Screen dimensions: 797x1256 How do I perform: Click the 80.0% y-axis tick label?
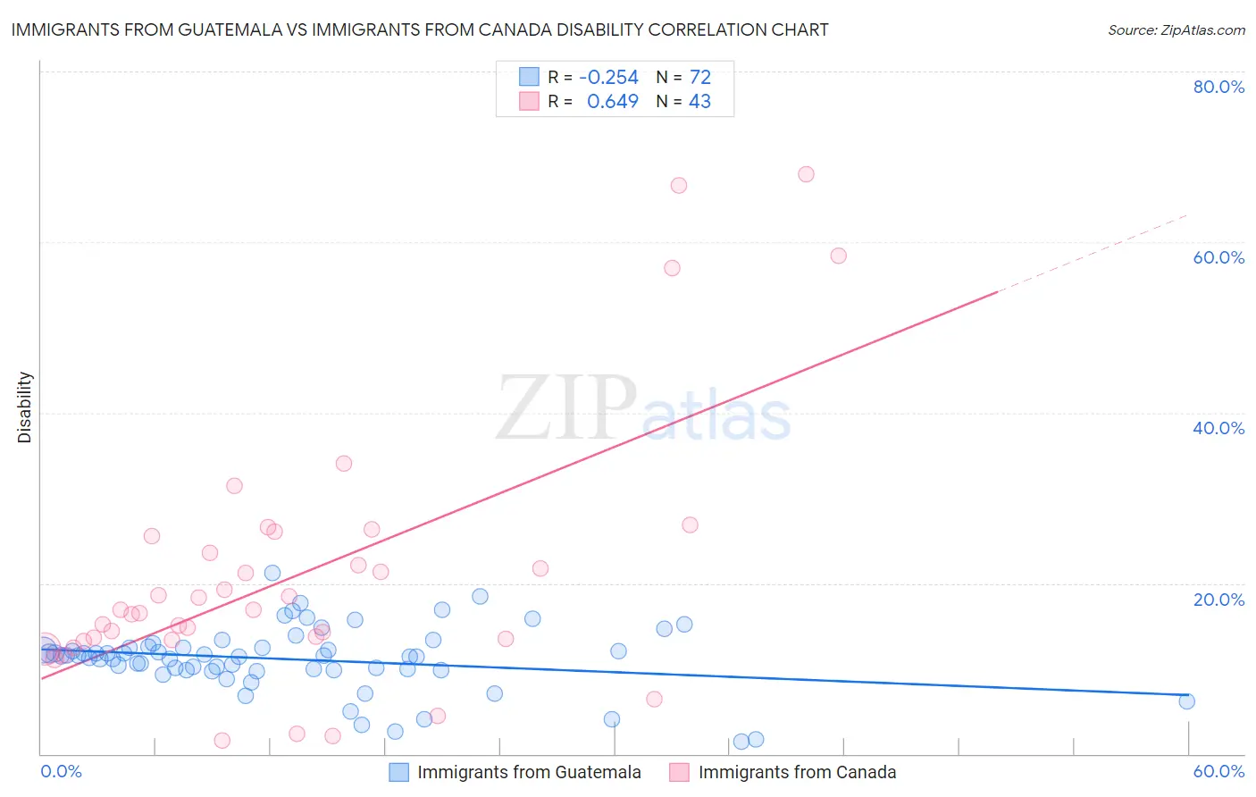pyautogui.click(x=1218, y=87)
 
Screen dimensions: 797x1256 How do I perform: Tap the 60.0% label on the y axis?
pyautogui.click(x=1218, y=257)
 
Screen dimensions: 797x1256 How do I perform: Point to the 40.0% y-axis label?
pyautogui.click(x=1218, y=428)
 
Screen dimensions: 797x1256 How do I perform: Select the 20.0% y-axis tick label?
pyautogui.click(x=1218, y=600)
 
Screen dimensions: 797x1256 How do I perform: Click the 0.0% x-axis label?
pyautogui.click(x=61, y=772)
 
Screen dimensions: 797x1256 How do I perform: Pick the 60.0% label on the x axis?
pyautogui.click(x=1218, y=772)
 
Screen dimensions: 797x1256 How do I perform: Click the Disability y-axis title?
pyautogui.click(x=25, y=407)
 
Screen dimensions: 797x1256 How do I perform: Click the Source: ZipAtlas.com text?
pyautogui.click(x=1176, y=30)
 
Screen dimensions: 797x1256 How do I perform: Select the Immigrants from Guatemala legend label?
pyautogui.click(x=529, y=773)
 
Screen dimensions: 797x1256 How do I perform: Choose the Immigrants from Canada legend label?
pyautogui.click(x=797, y=773)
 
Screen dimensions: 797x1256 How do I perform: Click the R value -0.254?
pyautogui.click(x=608, y=78)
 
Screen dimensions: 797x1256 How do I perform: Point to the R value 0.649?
pyautogui.click(x=612, y=102)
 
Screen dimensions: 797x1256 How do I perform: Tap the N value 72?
pyautogui.click(x=700, y=78)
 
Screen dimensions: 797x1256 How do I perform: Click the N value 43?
pyautogui.click(x=700, y=102)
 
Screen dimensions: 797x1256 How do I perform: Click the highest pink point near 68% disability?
pyautogui.click(x=806, y=174)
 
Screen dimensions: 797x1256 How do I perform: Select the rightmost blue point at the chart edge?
pyautogui.click(x=1186, y=701)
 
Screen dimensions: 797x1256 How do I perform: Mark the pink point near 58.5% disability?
pyautogui.click(x=838, y=256)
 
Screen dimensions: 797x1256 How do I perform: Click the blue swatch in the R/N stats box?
pyautogui.click(x=529, y=77)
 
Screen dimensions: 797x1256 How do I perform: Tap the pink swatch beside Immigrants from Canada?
pyautogui.click(x=679, y=773)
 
